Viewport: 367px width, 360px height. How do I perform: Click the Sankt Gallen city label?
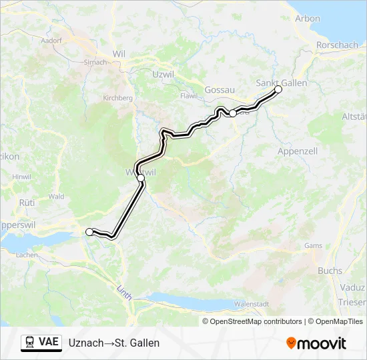tap(282, 83)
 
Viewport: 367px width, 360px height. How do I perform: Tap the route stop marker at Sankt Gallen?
tap(278, 89)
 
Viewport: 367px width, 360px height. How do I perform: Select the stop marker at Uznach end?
tap(89, 231)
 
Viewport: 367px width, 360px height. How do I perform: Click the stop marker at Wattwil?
tap(141, 178)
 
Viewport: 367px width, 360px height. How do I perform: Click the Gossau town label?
tap(220, 89)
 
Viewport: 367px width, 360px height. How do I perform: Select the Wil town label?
tap(119, 54)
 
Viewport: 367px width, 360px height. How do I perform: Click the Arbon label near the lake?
tap(308, 19)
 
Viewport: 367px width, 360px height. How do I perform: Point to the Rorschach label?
tap(338, 45)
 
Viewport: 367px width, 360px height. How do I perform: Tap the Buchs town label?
tap(330, 271)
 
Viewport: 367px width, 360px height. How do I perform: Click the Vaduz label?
tap(354, 287)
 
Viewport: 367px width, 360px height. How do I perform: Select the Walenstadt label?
tap(252, 304)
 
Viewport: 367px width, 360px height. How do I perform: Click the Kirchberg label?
tap(118, 97)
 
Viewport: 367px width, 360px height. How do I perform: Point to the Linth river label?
tap(124, 291)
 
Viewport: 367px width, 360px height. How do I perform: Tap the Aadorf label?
tap(51, 40)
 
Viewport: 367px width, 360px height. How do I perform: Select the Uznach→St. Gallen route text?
tap(114, 343)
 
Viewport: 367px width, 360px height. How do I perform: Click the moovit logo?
tap(316, 343)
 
